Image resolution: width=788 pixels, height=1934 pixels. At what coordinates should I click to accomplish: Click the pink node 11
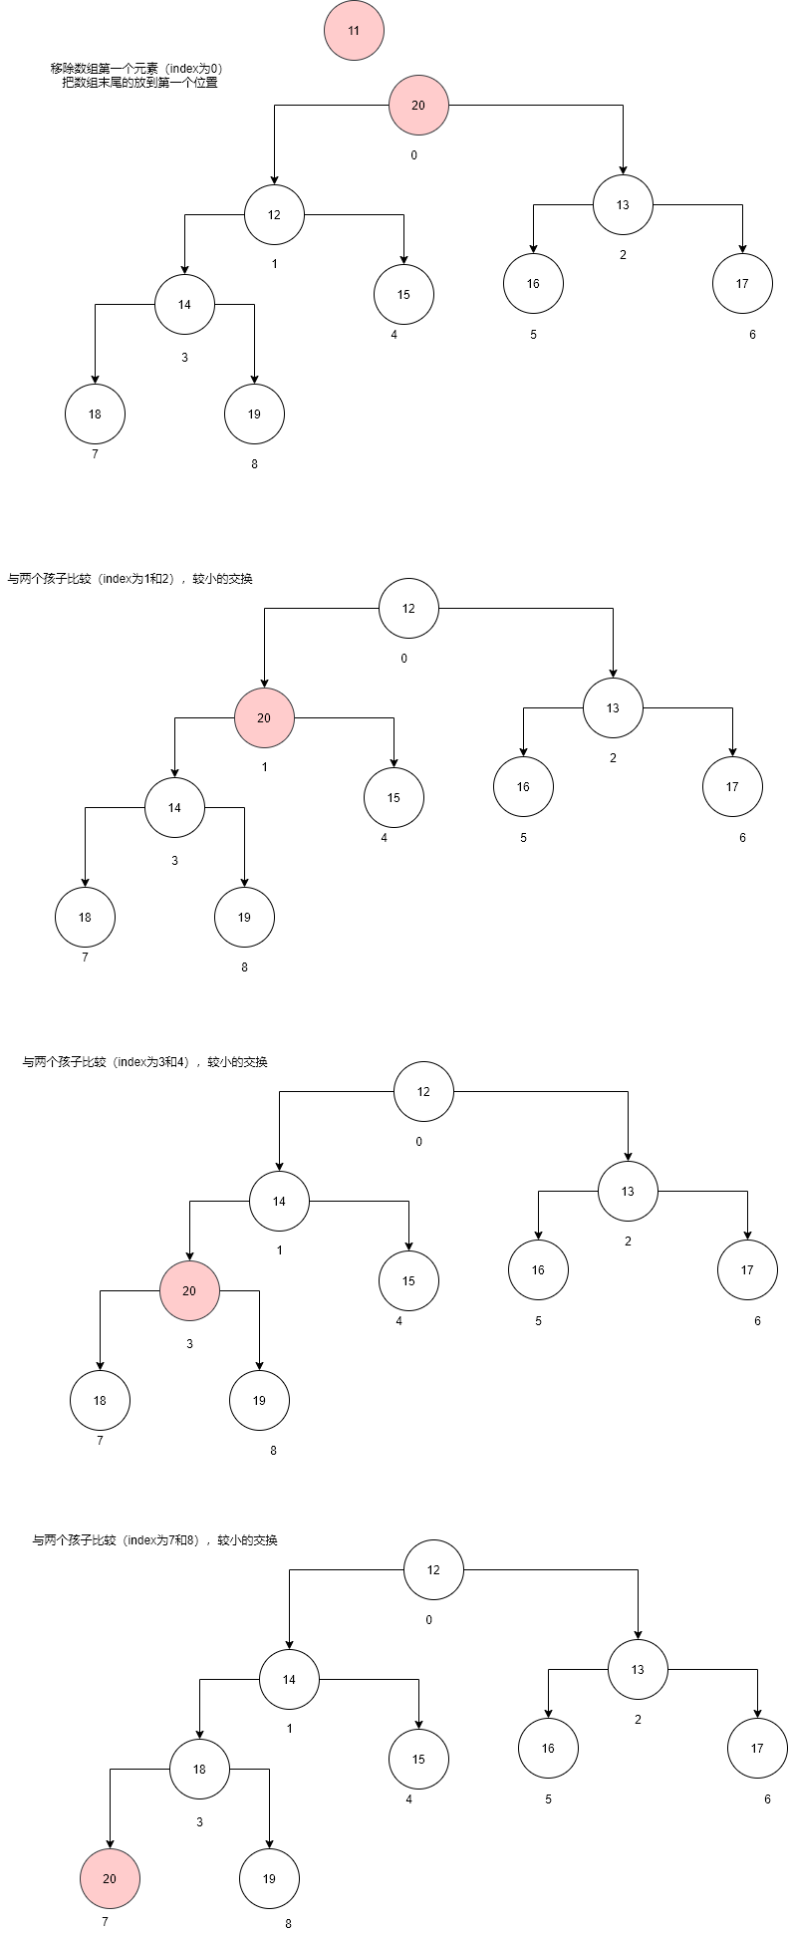click(x=354, y=31)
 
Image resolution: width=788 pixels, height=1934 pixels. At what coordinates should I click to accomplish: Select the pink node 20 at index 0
click(x=418, y=105)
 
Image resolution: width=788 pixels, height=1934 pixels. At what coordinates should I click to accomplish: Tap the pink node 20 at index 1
click(x=264, y=717)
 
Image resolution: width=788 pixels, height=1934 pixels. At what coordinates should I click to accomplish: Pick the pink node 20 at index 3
click(x=189, y=1290)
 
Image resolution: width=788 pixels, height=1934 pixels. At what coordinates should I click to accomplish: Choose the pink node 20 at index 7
click(x=110, y=1878)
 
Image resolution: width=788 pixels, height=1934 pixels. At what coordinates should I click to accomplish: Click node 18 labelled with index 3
click(x=199, y=1769)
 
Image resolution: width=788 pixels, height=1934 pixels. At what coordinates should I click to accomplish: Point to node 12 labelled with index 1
click(x=274, y=214)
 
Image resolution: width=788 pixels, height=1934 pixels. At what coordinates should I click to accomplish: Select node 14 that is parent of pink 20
click(x=279, y=1201)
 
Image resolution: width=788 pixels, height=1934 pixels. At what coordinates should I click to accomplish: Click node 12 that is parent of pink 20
click(x=408, y=608)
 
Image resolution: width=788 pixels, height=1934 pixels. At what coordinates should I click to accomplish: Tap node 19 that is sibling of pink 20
click(x=269, y=1878)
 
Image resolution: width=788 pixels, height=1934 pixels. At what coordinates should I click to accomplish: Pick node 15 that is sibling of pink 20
click(x=394, y=797)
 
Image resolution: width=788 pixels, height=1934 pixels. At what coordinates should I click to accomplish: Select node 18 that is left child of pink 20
click(x=100, y=1400)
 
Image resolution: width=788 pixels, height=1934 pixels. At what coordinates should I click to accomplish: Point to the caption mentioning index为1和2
click(x=130, y=579)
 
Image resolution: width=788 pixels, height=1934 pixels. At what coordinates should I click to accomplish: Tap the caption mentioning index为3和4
click(x=144, y=1062)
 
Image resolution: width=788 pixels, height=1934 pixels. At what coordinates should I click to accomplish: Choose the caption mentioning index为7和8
click(x=154, y=1540)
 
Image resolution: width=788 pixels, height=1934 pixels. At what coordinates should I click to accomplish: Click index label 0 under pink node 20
click(x=413, y=155)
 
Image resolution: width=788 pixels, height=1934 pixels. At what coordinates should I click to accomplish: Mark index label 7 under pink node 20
click(x=105, y=1921)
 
